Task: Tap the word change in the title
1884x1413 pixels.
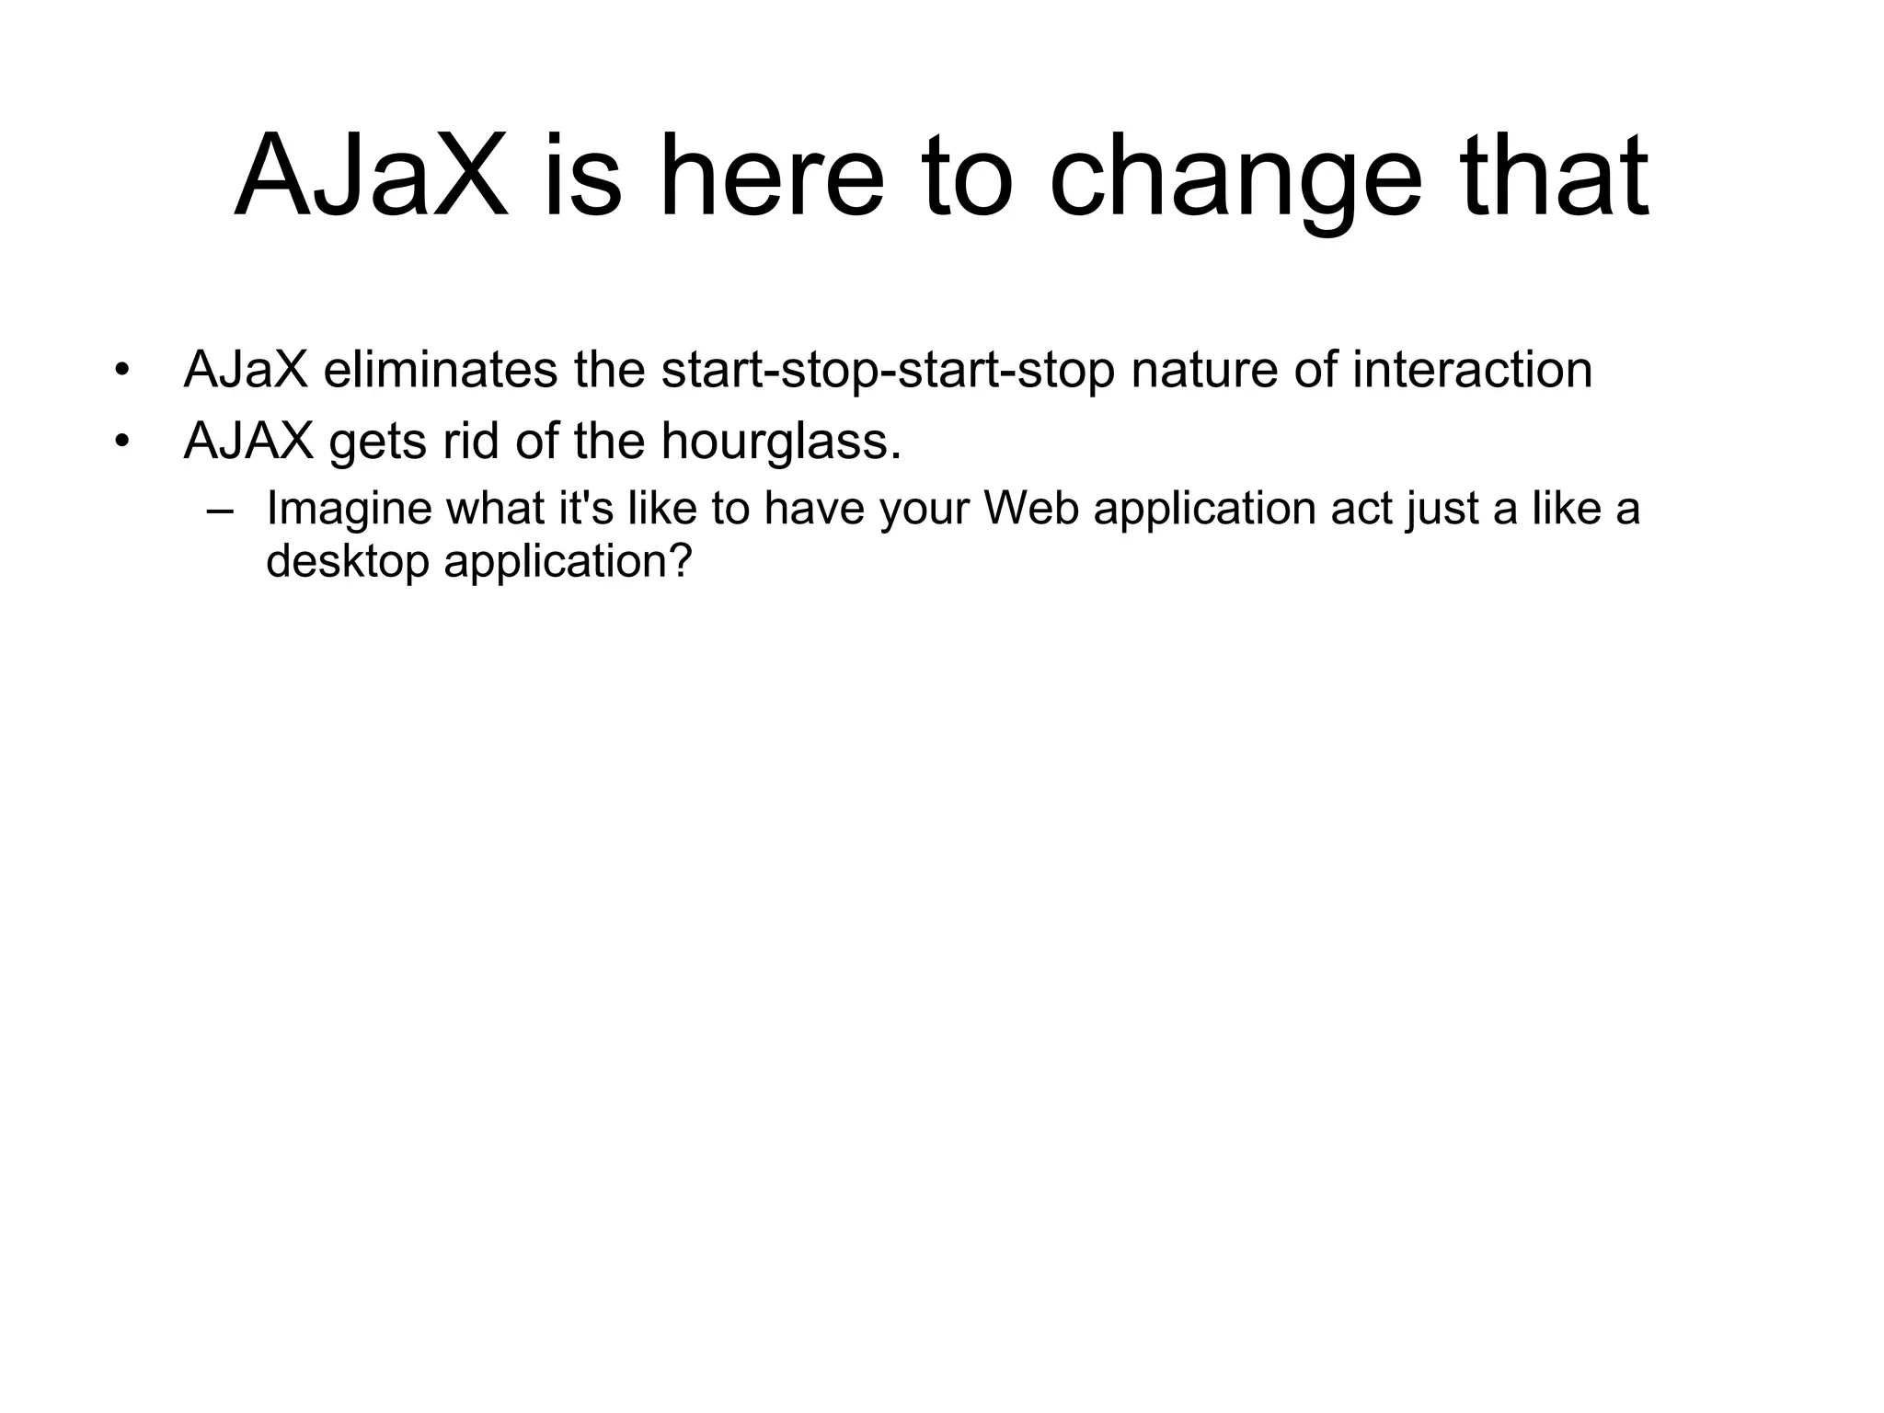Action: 1235,177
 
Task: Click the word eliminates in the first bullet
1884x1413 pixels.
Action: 441,370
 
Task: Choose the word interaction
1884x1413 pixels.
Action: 1472,370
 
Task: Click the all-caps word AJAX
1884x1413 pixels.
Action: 248,442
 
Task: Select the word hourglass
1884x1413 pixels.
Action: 781,443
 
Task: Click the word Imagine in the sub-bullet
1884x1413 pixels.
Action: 349,511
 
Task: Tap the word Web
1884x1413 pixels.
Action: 1031,509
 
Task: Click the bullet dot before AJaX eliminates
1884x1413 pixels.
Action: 121,372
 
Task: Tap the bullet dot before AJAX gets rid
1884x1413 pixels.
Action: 121,442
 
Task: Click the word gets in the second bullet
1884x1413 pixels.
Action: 377,443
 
